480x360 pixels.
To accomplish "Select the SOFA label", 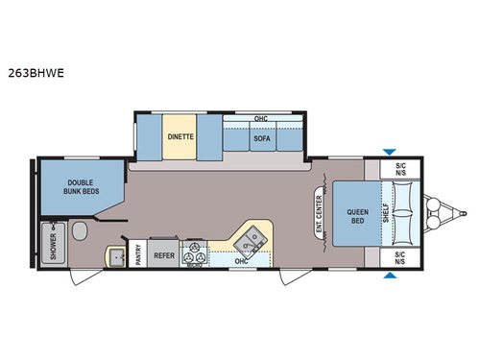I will click(261, 138).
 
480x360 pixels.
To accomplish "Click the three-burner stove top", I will click(197, 253).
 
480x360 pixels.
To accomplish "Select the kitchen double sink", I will click(254, 234).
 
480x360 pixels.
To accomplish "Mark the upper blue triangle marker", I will click(388, 152).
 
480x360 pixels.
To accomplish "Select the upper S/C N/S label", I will click(400, 168).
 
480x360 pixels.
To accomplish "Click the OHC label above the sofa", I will click(261, 119).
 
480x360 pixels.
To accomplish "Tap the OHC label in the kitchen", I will click(242, 259).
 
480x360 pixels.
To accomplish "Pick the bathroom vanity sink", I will click(116, 255).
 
